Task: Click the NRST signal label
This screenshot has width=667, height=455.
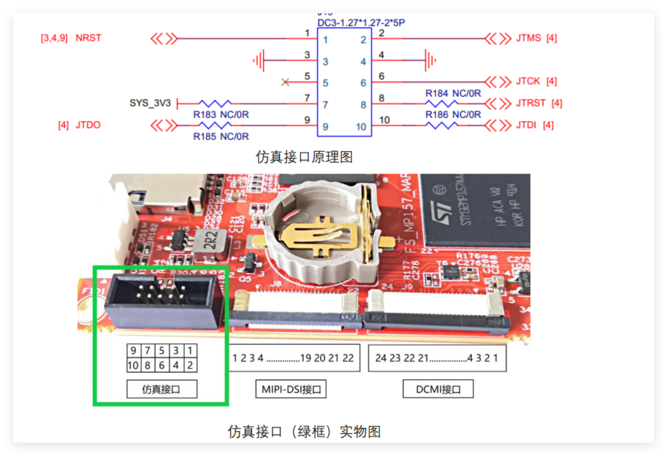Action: [x=88, y=38]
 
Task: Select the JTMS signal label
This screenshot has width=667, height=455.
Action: [x=528, y=38]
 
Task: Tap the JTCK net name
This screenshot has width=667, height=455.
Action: [x=528, y=81]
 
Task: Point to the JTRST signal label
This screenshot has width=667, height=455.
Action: [x=530, y=103]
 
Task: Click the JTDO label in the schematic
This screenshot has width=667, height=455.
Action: [x=88, y=125]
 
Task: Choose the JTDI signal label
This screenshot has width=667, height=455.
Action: [x=526, y=125]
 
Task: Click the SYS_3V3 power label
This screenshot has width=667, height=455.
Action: [x=150, y=103]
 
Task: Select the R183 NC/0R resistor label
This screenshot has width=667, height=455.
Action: [x=221, y=115]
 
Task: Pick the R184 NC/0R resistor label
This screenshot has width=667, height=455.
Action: [x=453, y=94]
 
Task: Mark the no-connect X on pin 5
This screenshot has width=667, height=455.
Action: [x=285, y=82]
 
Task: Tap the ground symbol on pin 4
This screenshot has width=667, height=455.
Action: [x=430, y=60]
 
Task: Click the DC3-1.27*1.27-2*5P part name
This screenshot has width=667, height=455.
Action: [x=361, y=23]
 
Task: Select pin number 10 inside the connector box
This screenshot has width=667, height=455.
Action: [x=361, y=127]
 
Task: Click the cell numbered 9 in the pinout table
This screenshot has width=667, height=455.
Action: [x=133, y=351]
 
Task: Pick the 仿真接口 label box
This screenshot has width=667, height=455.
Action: [x=162, y=389]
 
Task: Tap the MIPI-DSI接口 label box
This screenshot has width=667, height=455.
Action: [x=291, y=389]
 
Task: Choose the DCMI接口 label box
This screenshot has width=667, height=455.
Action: [x=438, y=389]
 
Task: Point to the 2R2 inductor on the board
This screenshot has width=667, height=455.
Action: [x=211, y=240]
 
